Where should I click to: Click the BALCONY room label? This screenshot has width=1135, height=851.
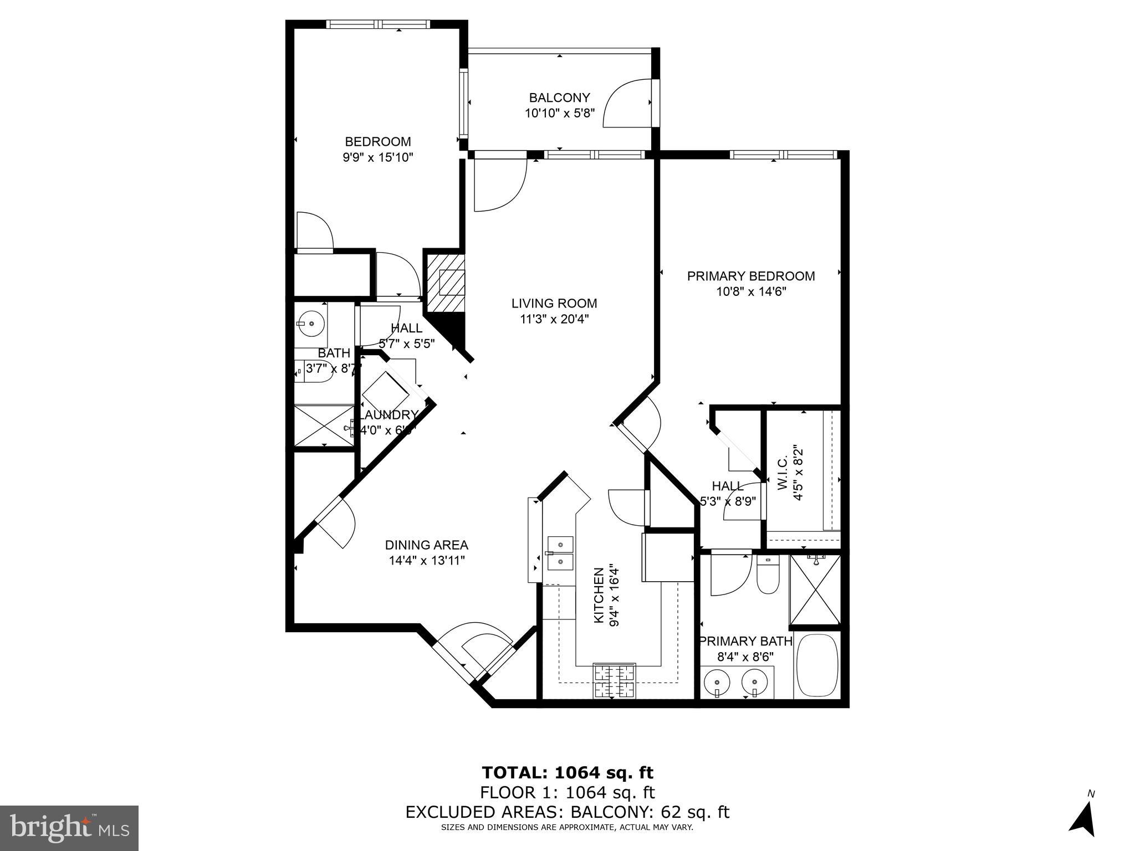pos(559,98)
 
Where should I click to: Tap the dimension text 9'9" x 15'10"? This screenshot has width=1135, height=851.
pos(378,157)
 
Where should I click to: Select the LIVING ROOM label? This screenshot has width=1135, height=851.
pos(554,304)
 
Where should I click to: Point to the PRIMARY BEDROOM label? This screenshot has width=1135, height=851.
pos(751,276)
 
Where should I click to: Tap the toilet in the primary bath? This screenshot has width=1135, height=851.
pos(768,576)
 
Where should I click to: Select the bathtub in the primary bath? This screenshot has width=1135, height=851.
pos(816,665)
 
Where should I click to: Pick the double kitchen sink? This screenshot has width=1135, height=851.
pos(560,553)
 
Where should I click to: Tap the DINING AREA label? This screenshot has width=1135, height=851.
pos(427,545)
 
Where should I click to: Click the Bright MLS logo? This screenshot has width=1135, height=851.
pos(69,828)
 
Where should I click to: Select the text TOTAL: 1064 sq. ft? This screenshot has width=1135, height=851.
pos(567,772)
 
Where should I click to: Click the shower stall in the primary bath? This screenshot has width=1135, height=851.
pos(815,589)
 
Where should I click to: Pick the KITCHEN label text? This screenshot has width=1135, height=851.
pos(599,596)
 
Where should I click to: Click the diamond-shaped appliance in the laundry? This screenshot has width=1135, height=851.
pos(386,392)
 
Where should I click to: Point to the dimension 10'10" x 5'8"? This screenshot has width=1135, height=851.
pos(559,114)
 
